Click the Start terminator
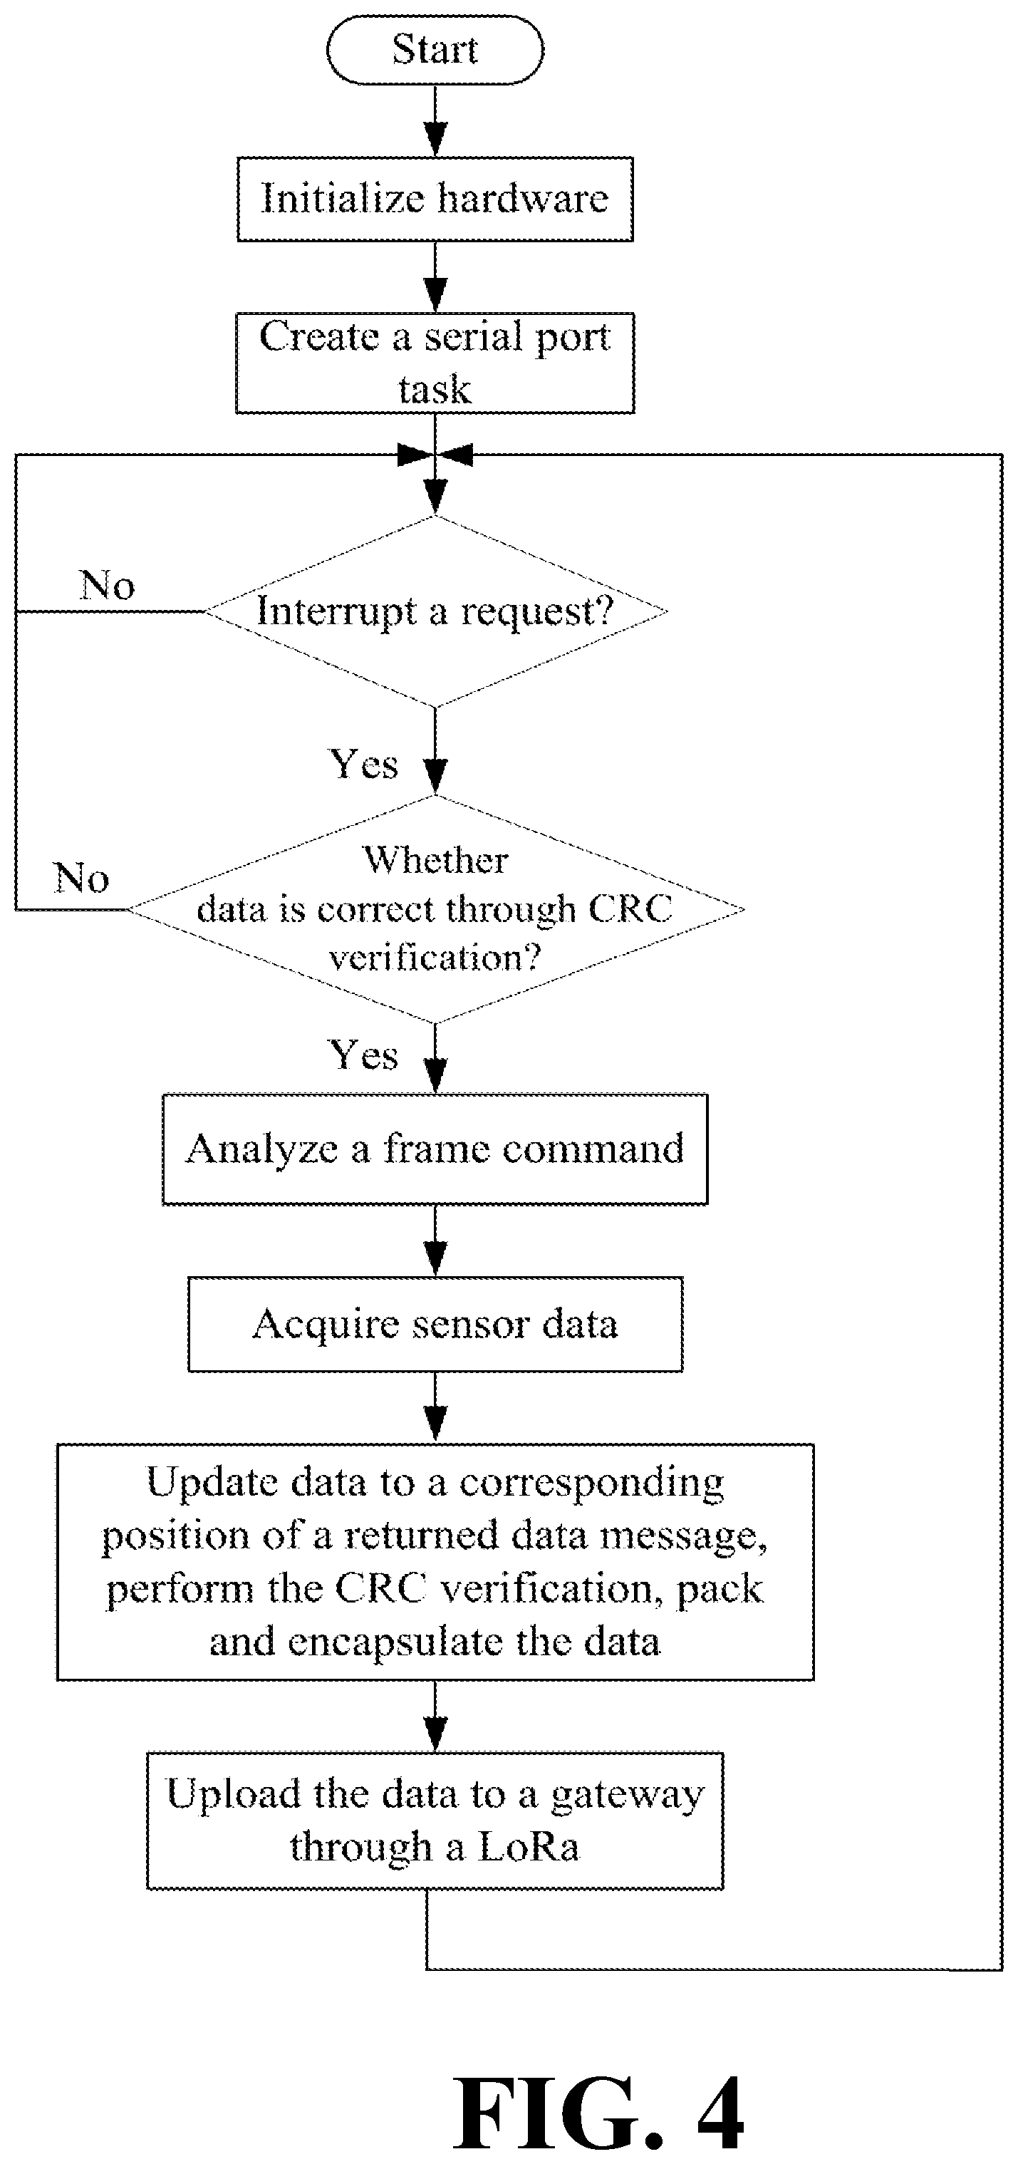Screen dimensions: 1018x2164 (435, 50)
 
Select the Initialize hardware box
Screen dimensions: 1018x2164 (435, 199)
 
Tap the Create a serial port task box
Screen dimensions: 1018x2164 (435, 363)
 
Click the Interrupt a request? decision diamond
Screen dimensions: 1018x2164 (436, 611)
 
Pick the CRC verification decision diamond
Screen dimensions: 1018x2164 (435, 909)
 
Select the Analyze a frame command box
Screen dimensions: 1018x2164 (435, 1149)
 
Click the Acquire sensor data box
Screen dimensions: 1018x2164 (435, 1325)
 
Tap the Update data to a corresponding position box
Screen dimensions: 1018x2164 (435, 1562)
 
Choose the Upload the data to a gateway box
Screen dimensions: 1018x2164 (435, 1821)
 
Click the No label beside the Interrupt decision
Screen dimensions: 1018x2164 (108, 585)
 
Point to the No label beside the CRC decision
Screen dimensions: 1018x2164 (81, 878)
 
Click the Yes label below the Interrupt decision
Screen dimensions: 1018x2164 (363, 765)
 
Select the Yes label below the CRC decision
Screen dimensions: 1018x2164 (363, 1055)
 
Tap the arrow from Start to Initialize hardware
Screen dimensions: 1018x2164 (435, 120)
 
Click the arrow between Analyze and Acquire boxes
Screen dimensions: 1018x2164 (435, 1241)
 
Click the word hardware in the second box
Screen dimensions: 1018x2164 (522, 199)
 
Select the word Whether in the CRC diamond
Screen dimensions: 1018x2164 (436, 860)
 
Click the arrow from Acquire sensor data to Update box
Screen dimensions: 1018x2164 (435, 1408)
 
